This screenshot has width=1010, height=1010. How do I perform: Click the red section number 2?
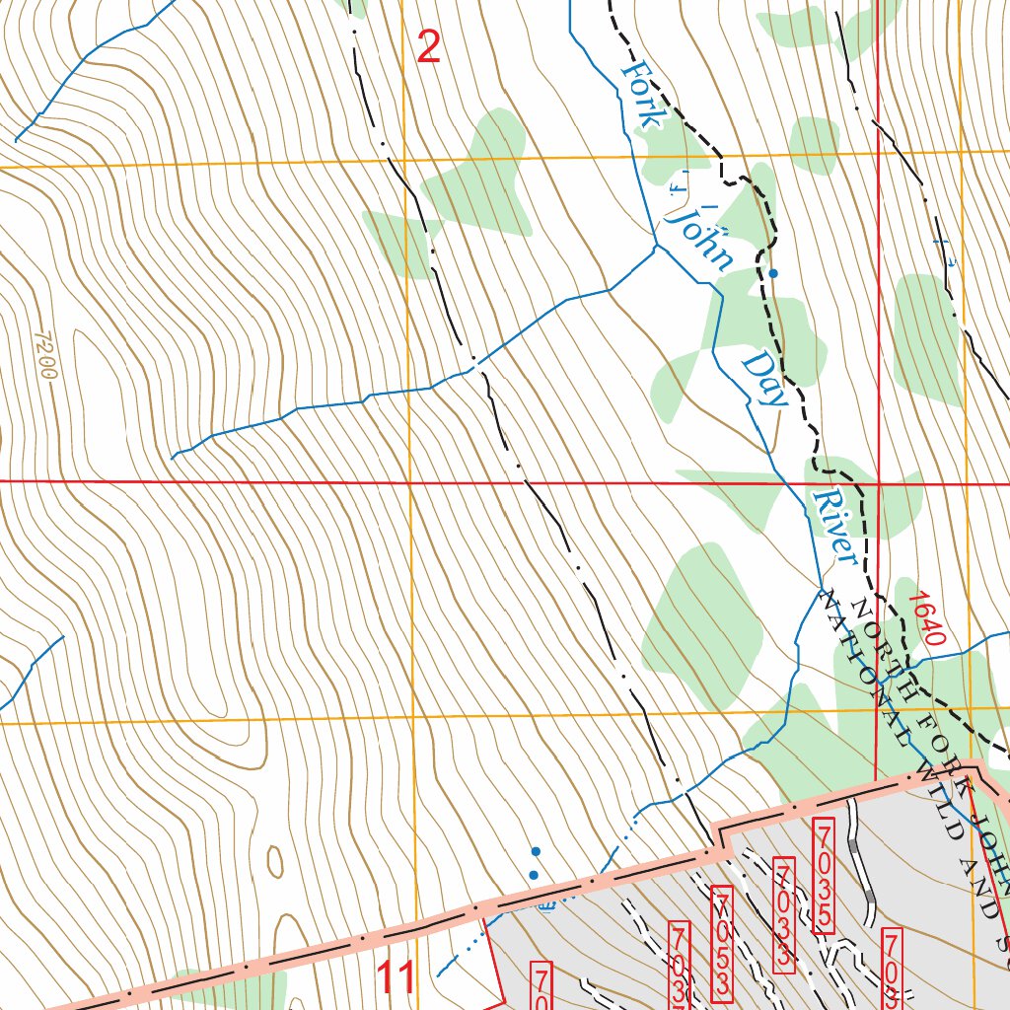coord(429,46)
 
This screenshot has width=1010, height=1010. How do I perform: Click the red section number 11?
coord(397,978)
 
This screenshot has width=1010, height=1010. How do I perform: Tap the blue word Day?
coord(765,378)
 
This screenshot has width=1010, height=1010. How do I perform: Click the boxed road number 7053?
coord(723,943)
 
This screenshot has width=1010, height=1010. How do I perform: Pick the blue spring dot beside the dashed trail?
coord(773,273)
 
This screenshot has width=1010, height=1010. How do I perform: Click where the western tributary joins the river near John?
coord(657,246)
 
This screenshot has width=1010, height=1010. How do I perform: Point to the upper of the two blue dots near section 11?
coord(536,850)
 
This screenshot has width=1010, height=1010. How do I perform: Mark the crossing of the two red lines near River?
coord(877,484)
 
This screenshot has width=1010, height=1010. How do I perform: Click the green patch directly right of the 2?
coord(483,178)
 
